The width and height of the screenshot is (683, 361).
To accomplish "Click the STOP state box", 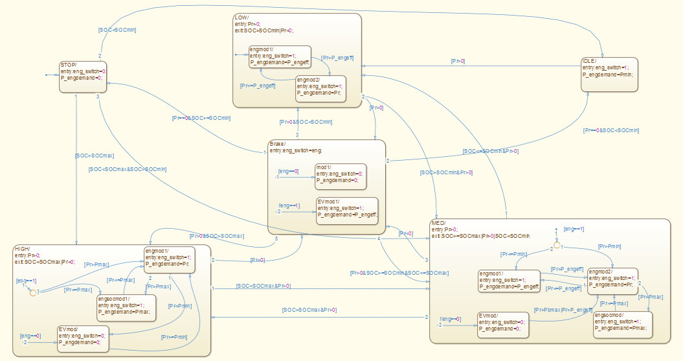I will (83, 76).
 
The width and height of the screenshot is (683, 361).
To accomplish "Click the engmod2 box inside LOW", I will (320, 89).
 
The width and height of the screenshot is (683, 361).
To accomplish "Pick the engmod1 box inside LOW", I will (280, 56).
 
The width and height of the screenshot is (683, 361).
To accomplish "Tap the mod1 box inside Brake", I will (340, 176).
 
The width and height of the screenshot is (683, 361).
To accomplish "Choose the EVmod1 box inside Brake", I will (347, 211).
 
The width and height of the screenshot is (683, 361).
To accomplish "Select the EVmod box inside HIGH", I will (82, 338).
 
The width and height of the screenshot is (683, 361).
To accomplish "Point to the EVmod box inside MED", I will (502, 325).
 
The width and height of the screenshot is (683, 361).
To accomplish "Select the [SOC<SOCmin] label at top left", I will (117, 30).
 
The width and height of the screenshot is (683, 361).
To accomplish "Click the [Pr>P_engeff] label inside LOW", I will (337, 58).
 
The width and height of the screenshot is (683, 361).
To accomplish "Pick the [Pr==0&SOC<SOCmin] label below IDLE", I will (611, 130).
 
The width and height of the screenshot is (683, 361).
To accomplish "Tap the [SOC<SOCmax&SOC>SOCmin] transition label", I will (128, 169).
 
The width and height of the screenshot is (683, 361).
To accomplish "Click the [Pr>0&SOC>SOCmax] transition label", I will (217, 236).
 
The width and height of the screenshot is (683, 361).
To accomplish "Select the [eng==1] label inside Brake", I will (289, 205).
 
